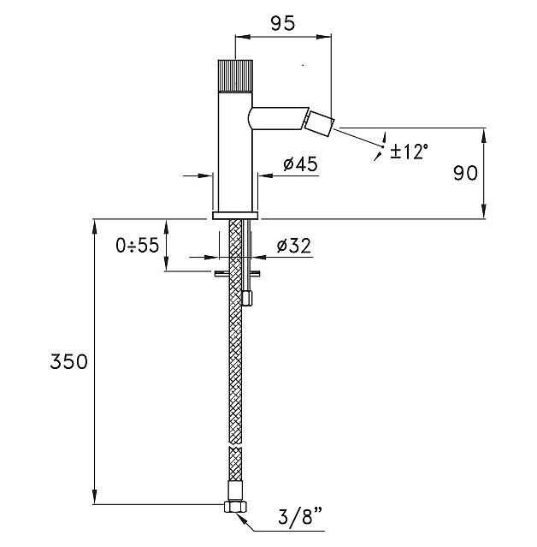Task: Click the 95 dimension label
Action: pyautogui.click(x=283, y=23)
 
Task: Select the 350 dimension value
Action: pyautogui.click(x=68, y=362)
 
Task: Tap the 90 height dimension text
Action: pyautogui.click(x=465, y=173)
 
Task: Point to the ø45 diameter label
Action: pyautogui.click(x=300, y=164)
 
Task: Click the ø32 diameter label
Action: pyautogui.click(x=294, y=246)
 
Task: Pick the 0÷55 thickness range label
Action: pyautogui.click(x=138, y=245)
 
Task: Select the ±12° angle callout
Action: pyautogui.click(x=409, y=152)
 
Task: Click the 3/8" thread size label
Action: pyautogui.click(x=300, y=517)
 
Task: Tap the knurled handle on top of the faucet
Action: pyautogui.click(x=235, y=76)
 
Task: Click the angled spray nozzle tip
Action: pyautogui.click(x=320, y=124)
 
